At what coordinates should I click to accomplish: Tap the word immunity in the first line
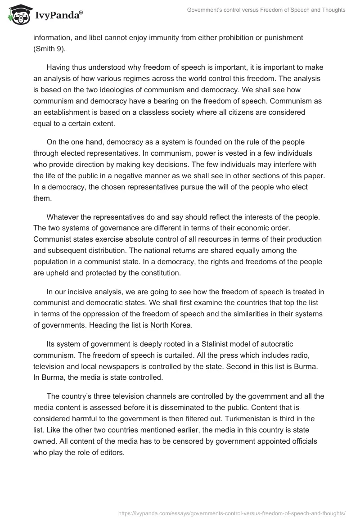(x=180, y=37)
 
